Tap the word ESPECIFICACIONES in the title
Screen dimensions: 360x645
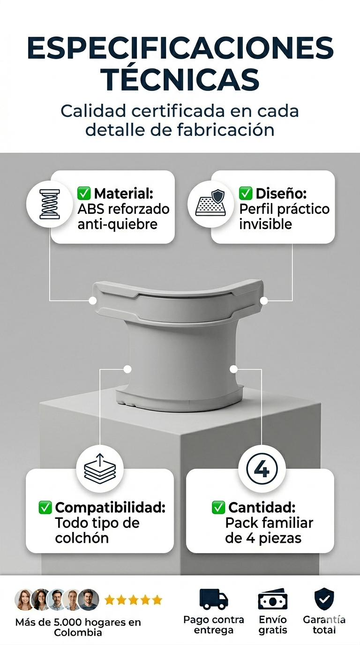click(180, 48)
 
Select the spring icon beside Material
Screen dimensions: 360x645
click(50, 204)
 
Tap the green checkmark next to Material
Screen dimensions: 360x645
click(84, 193)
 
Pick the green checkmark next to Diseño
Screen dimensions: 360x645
click(246, 193)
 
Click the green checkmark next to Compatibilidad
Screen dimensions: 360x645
click(45, 507)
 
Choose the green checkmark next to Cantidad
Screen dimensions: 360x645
click(218, 507)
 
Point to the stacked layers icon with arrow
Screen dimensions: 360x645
click(100, 468)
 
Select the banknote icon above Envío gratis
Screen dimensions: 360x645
click(273, 599)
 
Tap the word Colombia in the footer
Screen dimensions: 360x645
click(78, 633)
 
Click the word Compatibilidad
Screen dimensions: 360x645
click(110, 507)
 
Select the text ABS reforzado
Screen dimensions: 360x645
click(124, 209)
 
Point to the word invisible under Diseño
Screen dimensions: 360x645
click(265, 224)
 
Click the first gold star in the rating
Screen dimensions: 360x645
click(109, 600)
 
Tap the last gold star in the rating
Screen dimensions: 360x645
click(157, 600)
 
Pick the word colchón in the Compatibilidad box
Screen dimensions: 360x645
click(82, 538)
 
